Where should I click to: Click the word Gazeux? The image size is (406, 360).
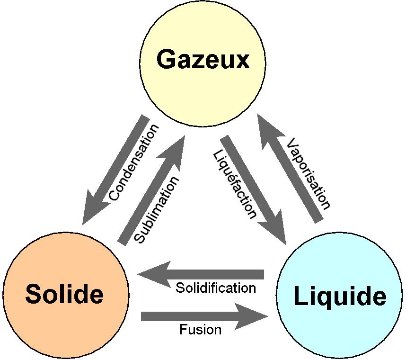click(x=203, y=59)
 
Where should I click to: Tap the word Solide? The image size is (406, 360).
click(x=64, y=294)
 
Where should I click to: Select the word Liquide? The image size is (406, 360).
click(x=340, y=297)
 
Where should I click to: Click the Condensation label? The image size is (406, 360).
click(x=133, y=162)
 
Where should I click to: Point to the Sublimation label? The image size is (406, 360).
click(x=156, y=210)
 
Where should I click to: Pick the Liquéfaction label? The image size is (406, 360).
click(x=235, y=185)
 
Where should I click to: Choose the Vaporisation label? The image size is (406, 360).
click(x=309, y=173)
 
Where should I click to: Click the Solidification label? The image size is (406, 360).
click(x=216, y=288)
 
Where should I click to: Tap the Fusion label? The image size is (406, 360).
click(x=201, y=330)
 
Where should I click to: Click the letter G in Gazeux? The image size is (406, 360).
click(x=165, y=59)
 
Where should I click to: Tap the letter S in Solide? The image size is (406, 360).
click(x=33, y=294)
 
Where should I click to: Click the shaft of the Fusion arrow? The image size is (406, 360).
click(x=188, y=316)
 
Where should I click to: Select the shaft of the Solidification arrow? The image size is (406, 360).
click(x=217, y=274)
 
